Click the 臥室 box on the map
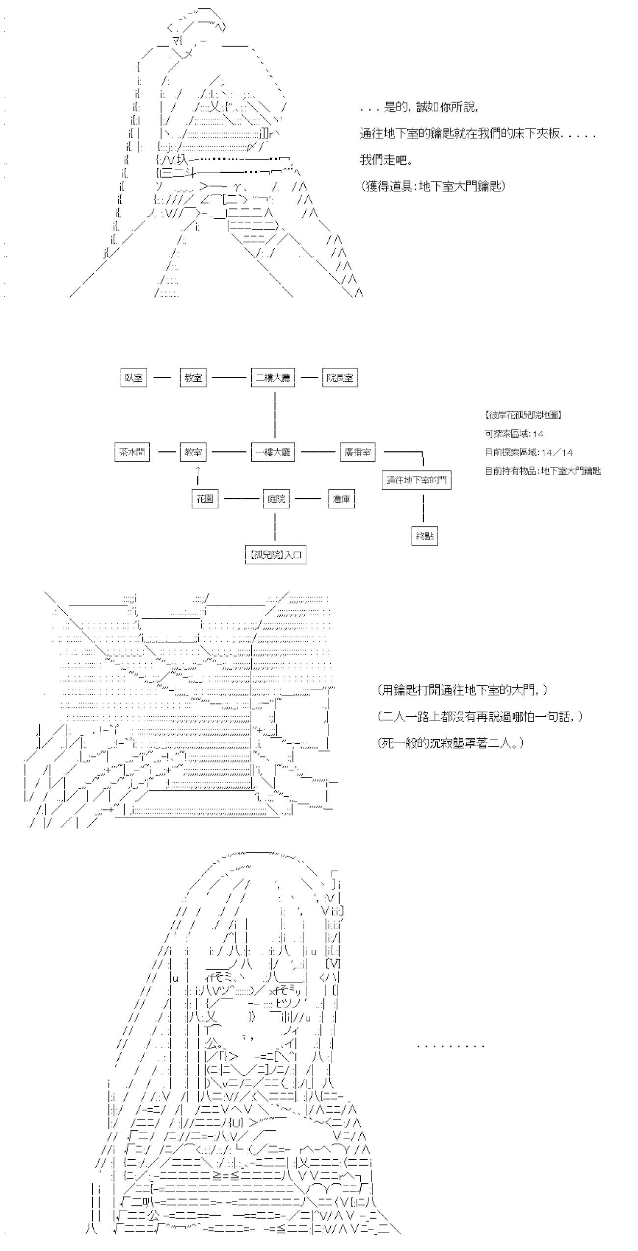pos(133,378)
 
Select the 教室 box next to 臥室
pos(193,378)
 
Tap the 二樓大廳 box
pos(273,378)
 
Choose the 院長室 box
pos(340,378)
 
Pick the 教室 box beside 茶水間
pos(193,452)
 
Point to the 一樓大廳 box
pos(273,452)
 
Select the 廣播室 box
pos(358,452)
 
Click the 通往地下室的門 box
pos(416,480)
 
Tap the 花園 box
pos(205,499)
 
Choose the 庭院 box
pos(276,499)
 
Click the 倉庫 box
pos(341,499)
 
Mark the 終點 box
pos(425,536)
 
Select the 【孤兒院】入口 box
pos(276,555)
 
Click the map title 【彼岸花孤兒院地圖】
pos(523,415)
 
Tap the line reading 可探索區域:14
pos(514,434)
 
